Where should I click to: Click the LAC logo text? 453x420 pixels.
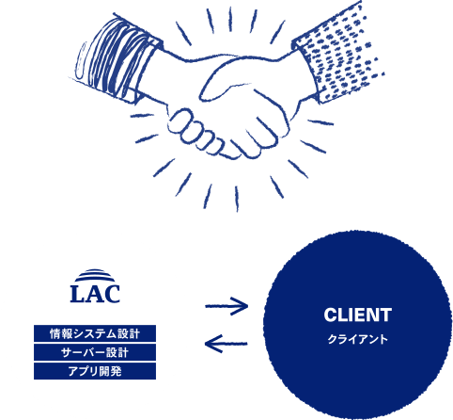95,294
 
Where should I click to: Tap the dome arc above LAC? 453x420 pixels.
95,275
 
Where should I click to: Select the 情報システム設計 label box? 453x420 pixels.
95,333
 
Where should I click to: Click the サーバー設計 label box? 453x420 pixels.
95,352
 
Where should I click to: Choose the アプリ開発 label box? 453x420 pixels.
95,371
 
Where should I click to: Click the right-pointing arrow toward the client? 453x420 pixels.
226,306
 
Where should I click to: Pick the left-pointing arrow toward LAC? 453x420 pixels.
226,344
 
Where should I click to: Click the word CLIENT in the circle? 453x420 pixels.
358,315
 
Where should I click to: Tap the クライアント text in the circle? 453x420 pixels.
358,339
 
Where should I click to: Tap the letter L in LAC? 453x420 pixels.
77,294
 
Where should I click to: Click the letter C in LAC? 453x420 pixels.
112,294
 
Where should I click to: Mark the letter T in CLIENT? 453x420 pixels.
385,315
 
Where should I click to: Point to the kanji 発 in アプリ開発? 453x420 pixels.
116,371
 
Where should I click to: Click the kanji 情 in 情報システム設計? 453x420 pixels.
55,333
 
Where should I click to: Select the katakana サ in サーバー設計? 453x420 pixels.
67,352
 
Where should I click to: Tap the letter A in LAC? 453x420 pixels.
94,294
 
